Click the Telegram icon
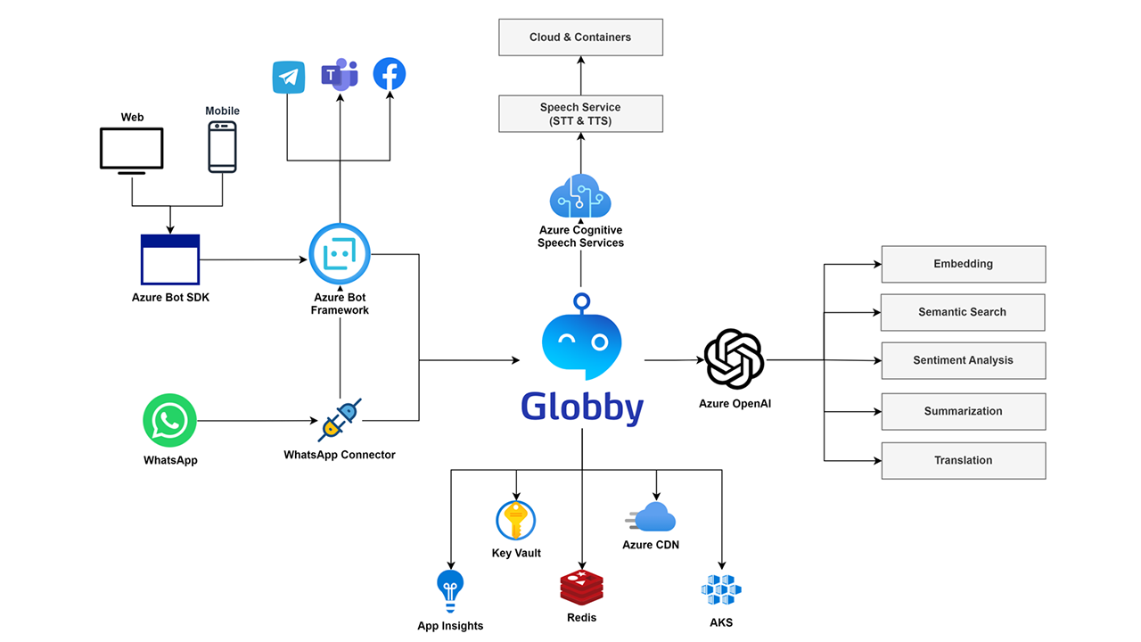288,77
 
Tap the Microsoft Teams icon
340,74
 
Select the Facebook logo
390,74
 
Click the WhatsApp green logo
169,420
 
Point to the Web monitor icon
131,151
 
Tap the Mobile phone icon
222,147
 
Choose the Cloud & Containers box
580,37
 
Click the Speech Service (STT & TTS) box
580,113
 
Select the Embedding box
964,264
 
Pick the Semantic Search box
963,312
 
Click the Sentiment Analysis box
964,361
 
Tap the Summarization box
964,412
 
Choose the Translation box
964,461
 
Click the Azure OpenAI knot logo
734,358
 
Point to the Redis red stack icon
582,588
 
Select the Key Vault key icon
515,520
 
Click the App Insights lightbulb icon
450,591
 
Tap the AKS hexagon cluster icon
721,589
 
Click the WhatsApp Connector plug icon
340,420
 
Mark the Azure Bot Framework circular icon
340,254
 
